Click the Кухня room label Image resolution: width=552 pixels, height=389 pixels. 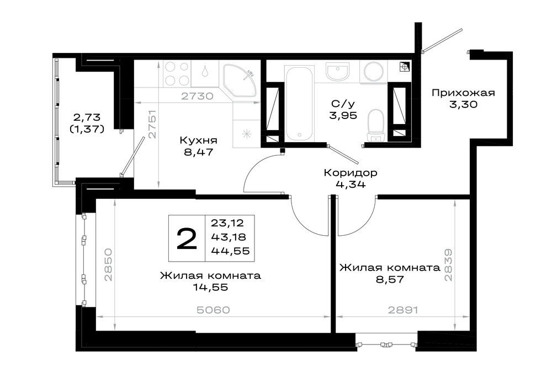pos(198,141)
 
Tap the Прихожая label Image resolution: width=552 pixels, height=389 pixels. pos(463,93)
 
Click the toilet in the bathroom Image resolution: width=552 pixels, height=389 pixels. pos(375,125)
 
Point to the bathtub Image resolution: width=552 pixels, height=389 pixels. pos(299,104)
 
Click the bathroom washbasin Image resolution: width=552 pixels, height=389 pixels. pos(337,72)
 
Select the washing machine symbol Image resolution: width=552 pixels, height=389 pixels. pos(374,72)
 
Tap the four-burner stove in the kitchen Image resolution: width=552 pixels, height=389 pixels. pos(177,74)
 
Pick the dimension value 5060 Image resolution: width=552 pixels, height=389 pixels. pos(213,310)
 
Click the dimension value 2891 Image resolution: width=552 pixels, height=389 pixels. pos(403,310)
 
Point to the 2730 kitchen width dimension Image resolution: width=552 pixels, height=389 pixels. pos(197,96)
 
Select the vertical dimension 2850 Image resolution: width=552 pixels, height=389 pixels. pos(108,264)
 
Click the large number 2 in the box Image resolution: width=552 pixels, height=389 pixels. pos(187,238)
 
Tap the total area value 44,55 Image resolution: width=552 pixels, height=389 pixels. pos(230,251)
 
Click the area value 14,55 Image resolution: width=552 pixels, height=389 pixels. pos(210,288)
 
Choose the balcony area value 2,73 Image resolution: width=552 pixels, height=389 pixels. pos(87,117)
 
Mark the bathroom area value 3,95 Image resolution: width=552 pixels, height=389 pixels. pos(343,115)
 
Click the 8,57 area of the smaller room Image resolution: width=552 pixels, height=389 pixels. pos(390,280)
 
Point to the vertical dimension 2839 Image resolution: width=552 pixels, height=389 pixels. pos(448,265)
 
